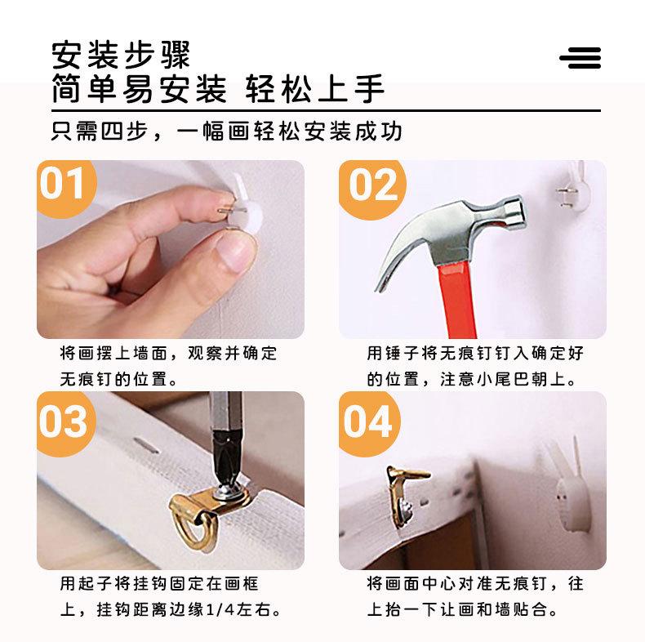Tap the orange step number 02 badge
(371, 189)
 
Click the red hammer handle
(457, 301)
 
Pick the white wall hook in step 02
(574, 187)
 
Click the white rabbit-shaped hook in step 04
(567, 490)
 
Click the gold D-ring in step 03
(193, 531)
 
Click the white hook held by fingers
(242, 206)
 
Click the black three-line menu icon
(580, 58)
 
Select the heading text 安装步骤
(121, 56)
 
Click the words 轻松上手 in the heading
(314, 88)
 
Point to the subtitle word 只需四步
(100, 132)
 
